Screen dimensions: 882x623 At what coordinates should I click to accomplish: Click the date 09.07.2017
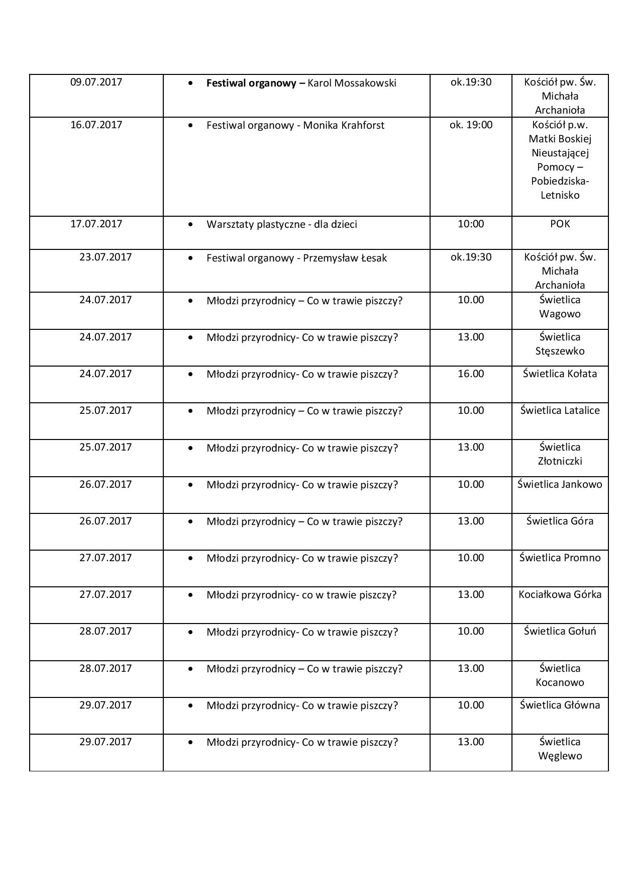[96, 82]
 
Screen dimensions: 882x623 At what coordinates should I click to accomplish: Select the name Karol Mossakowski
[351, 83]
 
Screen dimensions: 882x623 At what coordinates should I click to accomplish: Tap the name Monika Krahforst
[344, 125]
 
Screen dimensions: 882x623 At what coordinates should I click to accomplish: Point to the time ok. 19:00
[471, 125]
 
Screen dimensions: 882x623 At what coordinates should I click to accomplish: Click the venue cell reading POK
[560, 224]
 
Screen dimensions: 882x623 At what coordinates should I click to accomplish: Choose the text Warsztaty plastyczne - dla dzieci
[281, 224]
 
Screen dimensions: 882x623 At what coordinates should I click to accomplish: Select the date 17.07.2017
[96, 224]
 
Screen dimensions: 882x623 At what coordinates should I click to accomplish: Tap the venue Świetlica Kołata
[560, 374]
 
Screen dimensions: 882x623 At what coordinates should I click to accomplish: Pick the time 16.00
[471, 374]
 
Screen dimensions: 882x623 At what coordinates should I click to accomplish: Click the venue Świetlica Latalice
[560, 410]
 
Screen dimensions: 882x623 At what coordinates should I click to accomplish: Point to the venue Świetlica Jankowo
[560, 484]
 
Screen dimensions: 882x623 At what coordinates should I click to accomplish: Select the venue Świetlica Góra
[560, 521]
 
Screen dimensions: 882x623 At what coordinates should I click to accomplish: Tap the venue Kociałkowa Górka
[560, 594]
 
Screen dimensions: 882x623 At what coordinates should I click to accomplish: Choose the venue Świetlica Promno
[560, 558]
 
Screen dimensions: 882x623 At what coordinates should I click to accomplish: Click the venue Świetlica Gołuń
[560, 631]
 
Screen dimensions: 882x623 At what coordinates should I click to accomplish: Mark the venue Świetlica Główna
[560, 705]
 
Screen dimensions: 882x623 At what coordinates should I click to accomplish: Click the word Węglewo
[560, 756]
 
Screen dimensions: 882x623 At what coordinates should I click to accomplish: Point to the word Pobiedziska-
[560, 181]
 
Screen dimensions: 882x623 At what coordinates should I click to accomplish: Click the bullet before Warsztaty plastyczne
[190, 224]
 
